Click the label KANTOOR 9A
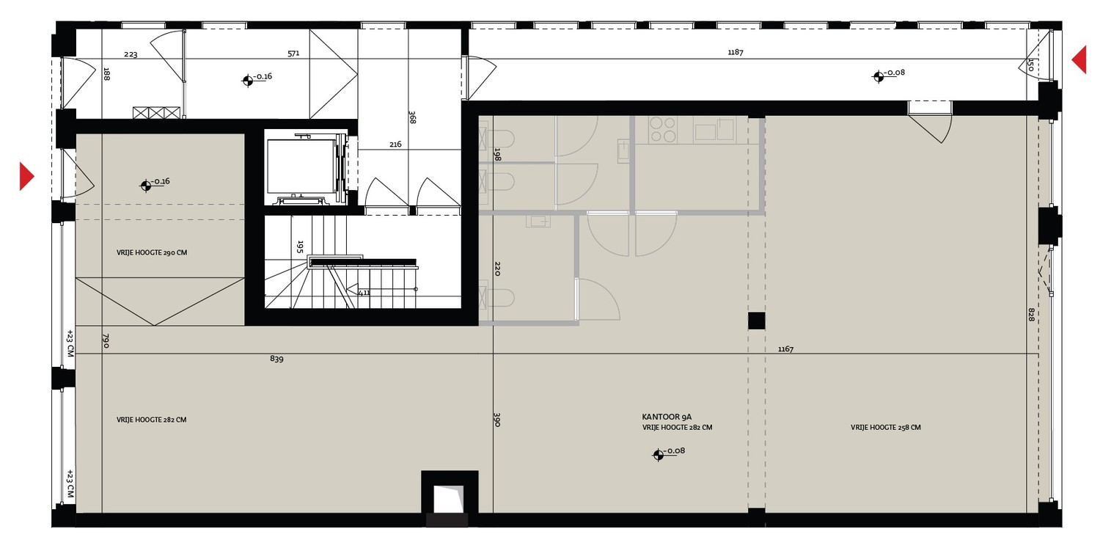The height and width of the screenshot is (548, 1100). [667, 417]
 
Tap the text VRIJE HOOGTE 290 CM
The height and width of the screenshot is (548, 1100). [152, 253]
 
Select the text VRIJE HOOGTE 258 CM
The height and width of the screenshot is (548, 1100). [885, 428]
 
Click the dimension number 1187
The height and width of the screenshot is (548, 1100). [735, 52]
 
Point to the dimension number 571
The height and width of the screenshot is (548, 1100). [293, 54]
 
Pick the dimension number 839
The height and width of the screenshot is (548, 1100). [276, 359]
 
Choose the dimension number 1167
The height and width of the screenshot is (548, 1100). [785, 349]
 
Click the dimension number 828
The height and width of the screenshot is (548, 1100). [1031, 315]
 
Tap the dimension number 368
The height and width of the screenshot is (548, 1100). [412, 117]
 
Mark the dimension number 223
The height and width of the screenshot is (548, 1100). [131, 54]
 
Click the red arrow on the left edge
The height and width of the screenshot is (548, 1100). [26, 176]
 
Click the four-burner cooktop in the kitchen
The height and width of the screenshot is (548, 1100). [662, 130]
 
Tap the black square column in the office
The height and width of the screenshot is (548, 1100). [756, 321]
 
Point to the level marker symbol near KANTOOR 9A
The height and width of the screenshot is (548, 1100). [658, 455]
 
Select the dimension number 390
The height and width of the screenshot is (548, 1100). [496, 420]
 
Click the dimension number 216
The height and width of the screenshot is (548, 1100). [395, 145]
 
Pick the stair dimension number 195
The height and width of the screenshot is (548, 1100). [300, 246]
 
